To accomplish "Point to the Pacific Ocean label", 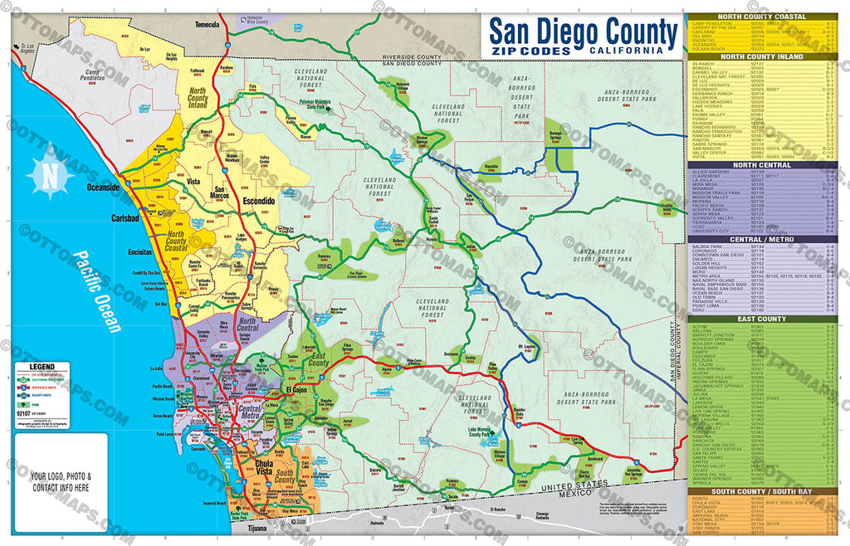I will (96, 291).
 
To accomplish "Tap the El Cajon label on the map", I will (296, 389).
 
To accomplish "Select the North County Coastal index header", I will (762, 17).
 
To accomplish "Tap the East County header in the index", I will (762, 319).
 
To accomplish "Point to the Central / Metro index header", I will (762, 238).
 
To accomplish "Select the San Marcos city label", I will (220, 193).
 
